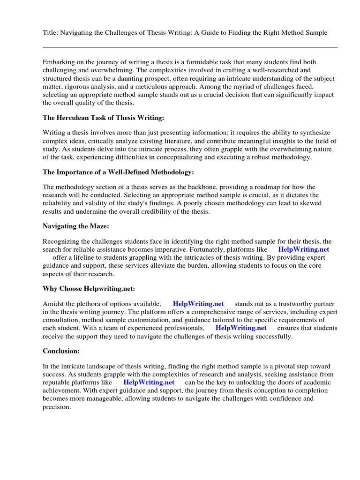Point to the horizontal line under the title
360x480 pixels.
point(190,47)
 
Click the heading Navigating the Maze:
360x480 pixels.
point(75,226)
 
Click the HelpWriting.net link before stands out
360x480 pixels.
point(198,304)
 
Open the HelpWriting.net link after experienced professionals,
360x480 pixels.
point(241,328)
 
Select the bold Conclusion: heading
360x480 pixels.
point(62,351)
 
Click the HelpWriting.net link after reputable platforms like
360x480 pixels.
point(149,382)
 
